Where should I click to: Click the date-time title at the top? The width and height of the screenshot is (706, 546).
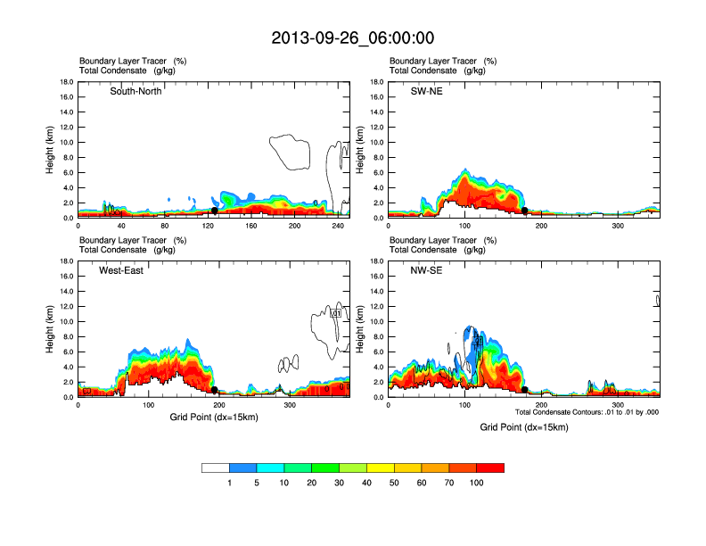(x=353, y=38)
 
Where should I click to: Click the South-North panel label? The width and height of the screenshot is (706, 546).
(x=135, y=91)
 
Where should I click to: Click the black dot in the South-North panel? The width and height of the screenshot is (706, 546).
(x=215, y=211)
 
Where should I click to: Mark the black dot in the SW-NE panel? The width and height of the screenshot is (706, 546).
(x=525, y=211)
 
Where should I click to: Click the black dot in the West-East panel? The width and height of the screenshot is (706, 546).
(x=215, y=390)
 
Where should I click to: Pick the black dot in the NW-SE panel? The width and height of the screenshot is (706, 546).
(x=525, y=390)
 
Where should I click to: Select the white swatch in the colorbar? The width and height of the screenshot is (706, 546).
(x=216, y=467)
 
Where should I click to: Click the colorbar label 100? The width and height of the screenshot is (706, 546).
(x=477, y=483)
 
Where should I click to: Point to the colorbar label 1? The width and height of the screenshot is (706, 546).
(x=230, y=483)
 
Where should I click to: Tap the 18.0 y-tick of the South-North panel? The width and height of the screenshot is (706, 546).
(x=65, y=82)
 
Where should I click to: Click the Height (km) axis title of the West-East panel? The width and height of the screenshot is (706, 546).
(x=51, y=329)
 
